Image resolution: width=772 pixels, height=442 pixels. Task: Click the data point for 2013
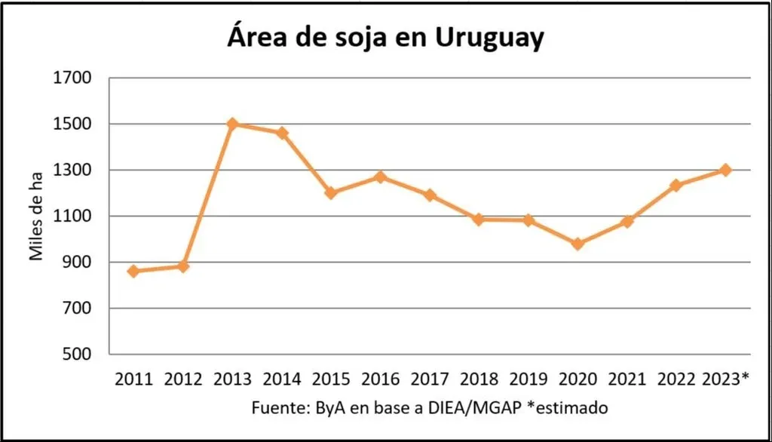pyautogui.click(x=232, y=124)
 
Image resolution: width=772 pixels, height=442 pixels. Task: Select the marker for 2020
pyautogui.click(x=577, y=244)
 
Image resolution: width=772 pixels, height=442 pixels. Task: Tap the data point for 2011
pyautogui.click(x=133, y=271)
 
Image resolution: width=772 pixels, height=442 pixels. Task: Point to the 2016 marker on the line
pyautogui.click(x=380, y=177)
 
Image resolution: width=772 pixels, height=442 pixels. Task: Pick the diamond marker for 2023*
pyautogui.click(x=725, y=170)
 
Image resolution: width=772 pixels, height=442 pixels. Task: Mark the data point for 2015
pyautogui.click(x=331, y=192)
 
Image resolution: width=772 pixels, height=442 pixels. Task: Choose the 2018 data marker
pyautogui.click(x=479, y=219)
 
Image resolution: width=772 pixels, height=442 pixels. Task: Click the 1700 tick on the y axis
pyautogui.click(x=72, y=78)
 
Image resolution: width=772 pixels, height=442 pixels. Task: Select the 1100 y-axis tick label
pyautogui.click(x=72, y=216)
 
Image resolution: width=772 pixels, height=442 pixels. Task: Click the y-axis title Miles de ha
pyautogui.click(x=36, y=216)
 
